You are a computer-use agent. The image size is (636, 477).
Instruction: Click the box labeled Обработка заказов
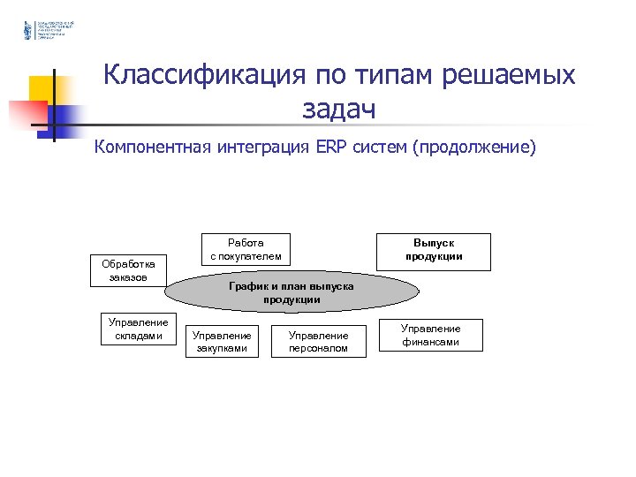click(129, 271)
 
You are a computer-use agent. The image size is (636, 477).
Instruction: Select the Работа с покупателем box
click(246, 249)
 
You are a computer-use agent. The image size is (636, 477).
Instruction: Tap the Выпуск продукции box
click(434, 250)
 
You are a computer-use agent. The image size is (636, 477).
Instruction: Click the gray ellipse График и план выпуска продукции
click(291, 293)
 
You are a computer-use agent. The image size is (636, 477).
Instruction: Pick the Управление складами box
click(138, 329)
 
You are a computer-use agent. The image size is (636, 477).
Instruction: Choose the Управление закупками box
click(222, 342)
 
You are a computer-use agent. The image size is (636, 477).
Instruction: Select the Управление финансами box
click(430, 335)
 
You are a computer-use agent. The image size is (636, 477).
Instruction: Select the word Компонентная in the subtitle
click(151, 146)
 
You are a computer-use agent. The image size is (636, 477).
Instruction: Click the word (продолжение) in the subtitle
click(473, 146)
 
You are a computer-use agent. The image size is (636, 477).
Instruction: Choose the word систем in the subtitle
click(380, 146)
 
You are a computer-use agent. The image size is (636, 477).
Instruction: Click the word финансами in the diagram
click(430, 342)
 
